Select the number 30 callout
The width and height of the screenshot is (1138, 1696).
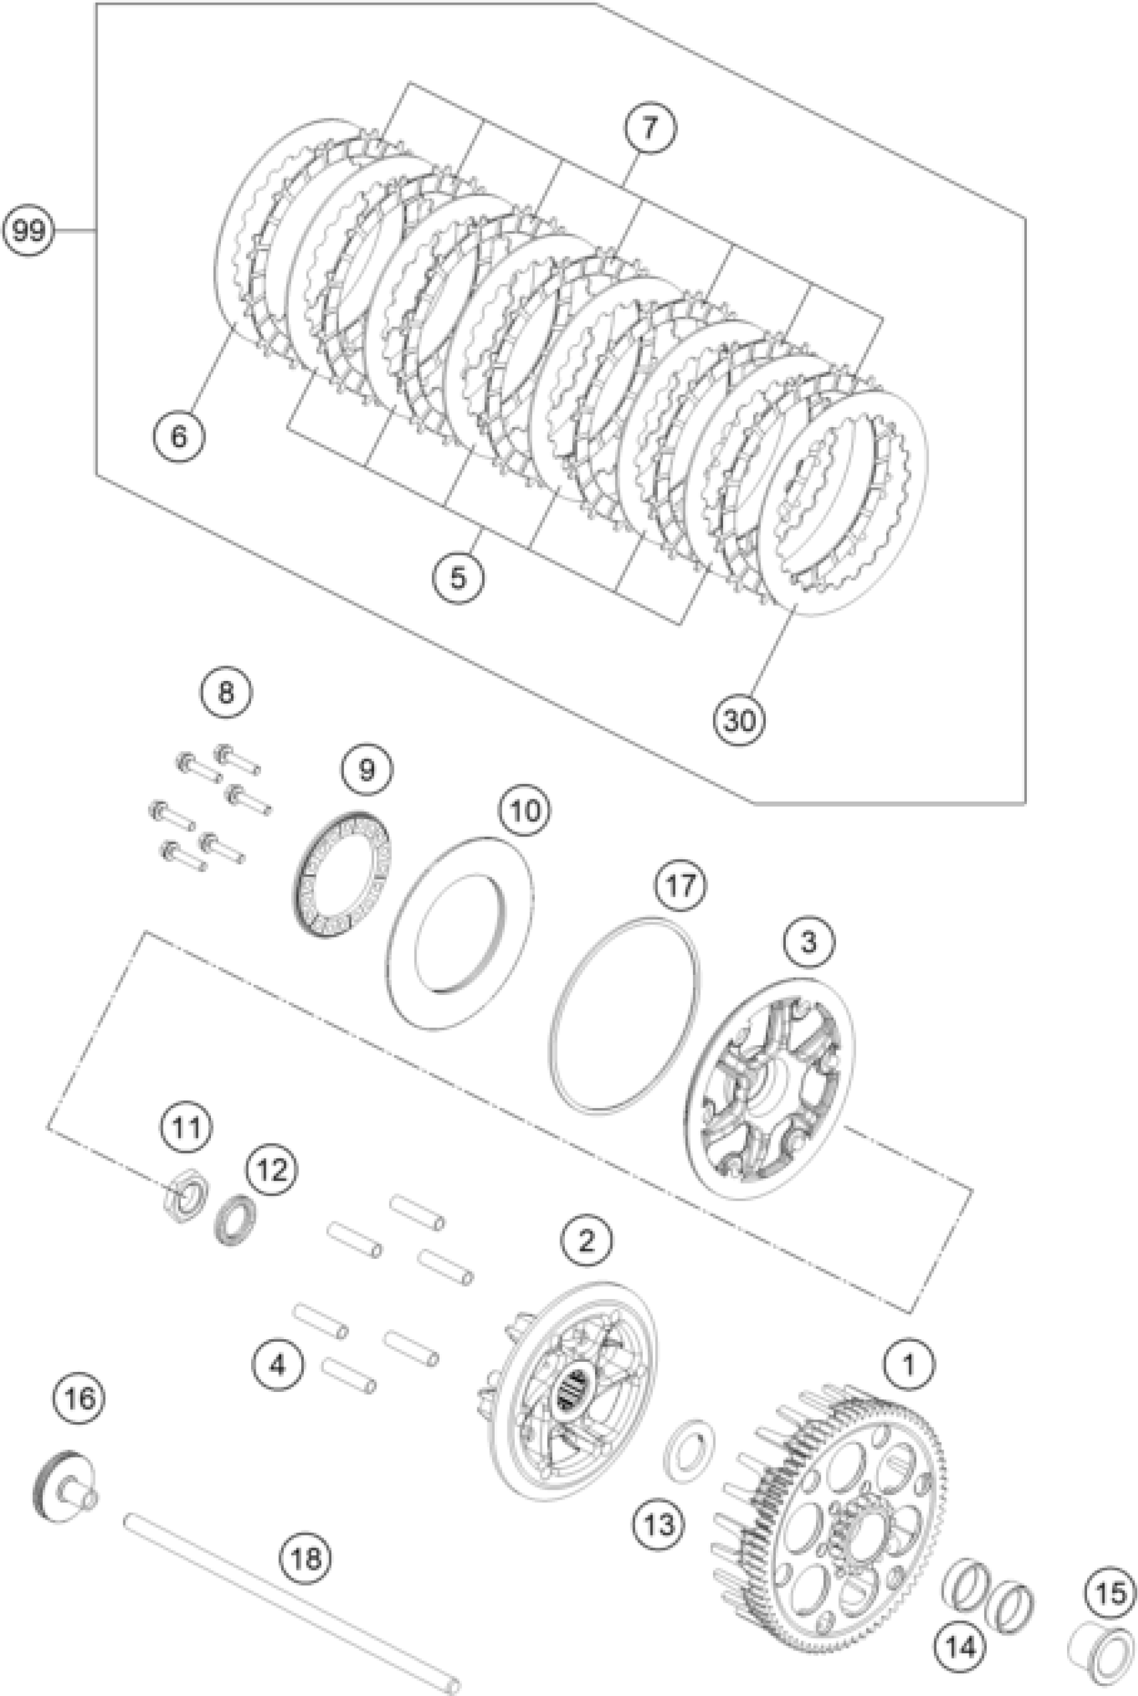(739, 720)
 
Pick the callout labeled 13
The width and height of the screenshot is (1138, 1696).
(659, 1525)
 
